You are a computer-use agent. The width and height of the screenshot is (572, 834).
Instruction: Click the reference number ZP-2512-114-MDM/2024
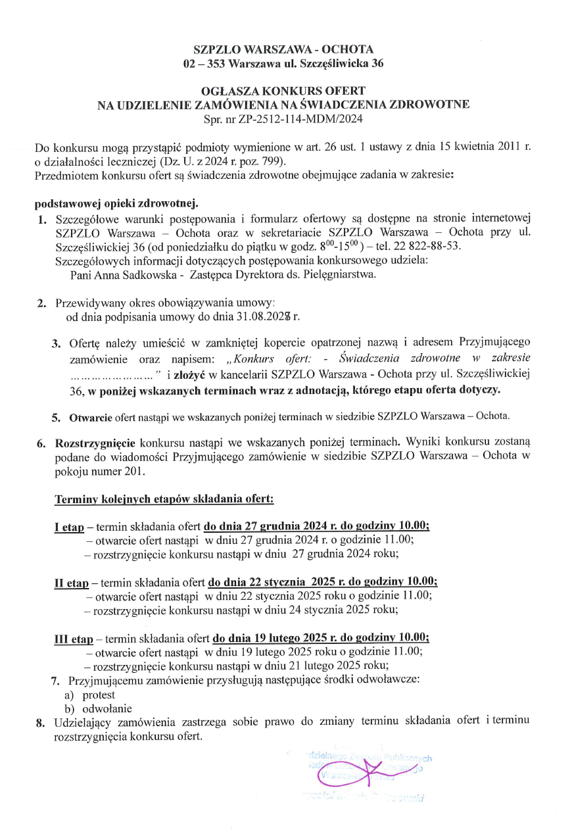click(x=306, y=119)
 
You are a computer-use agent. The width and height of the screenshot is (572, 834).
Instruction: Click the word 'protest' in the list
click(x=99, y=695)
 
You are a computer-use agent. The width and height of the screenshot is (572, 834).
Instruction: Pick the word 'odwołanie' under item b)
click(x=107, y=708)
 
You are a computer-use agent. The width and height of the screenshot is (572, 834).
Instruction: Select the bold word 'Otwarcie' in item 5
click(x=91, y=417)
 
